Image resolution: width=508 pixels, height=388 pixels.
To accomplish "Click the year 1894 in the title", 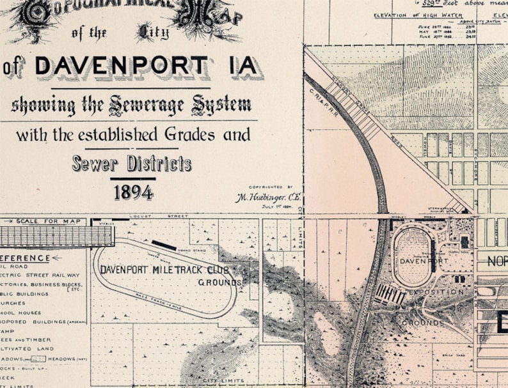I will [134, 191].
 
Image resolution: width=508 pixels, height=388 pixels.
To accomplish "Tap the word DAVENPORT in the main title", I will [122, 66].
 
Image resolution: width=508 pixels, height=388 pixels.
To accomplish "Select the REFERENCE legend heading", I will [26, 258].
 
